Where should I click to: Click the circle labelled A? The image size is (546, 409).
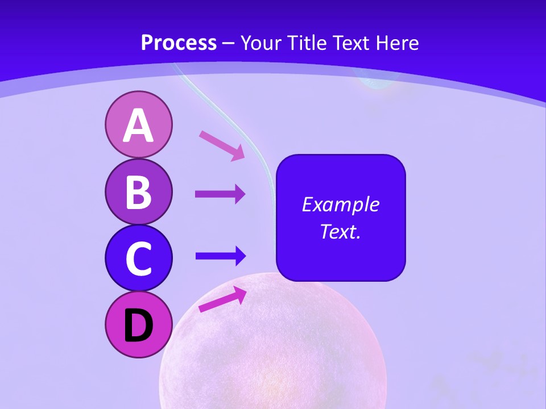coord(138,124)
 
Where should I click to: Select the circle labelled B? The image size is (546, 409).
coord(138,191)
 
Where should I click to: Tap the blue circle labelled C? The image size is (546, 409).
coord(138,258)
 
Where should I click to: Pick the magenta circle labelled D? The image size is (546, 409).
coord(138,325)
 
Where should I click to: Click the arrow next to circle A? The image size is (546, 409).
coord(222,145)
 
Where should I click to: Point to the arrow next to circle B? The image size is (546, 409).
coord(220,194)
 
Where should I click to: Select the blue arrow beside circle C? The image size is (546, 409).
coord(220,256)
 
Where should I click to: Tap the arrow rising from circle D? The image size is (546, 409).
coord(222,299)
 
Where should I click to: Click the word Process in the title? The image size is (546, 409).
coord(179,43)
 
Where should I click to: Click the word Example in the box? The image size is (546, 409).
coord(340,204)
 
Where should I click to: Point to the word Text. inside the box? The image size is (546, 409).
coord(340,231)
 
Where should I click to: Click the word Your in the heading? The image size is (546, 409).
coord(259,43)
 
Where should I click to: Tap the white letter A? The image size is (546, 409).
coord(138,126)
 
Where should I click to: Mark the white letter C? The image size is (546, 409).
coord(138,259)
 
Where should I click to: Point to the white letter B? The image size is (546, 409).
coord(138,192)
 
